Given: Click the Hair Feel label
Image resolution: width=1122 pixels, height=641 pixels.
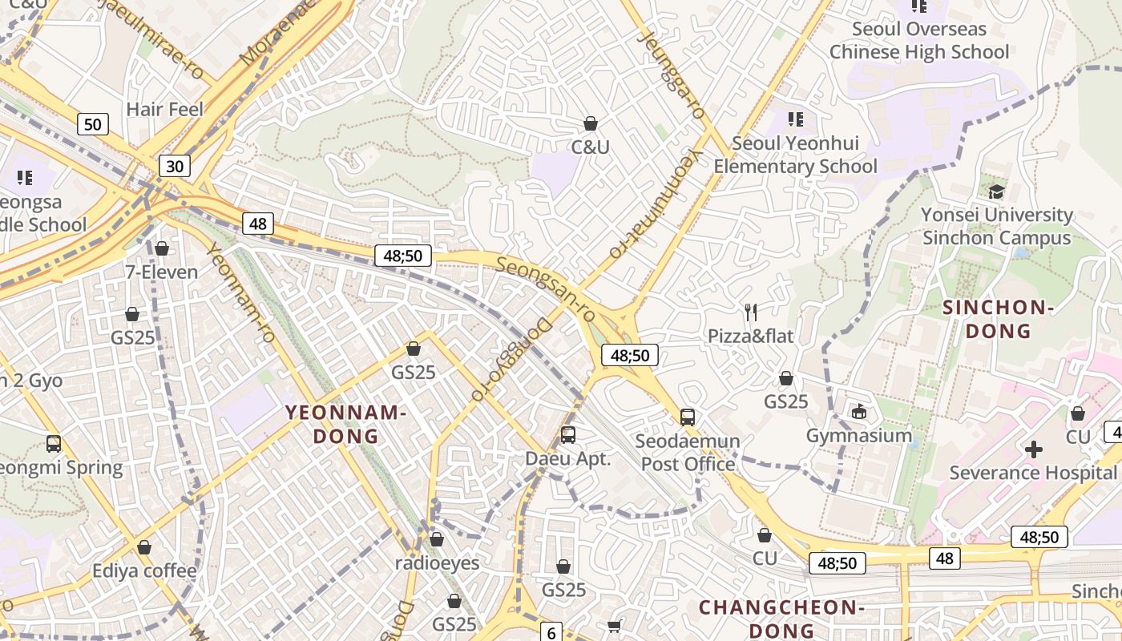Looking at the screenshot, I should click(165, 109).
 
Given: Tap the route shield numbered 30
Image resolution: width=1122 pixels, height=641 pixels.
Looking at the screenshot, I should click(175, 166).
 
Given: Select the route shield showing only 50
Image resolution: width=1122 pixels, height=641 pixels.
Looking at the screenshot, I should click(93, 124).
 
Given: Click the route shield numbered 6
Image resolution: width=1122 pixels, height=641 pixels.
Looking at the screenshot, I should click(551, 632).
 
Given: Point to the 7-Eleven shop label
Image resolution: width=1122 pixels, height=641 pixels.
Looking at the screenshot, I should click(161, 272).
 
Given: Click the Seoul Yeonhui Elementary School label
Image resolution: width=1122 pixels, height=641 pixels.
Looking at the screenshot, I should click(795, 155).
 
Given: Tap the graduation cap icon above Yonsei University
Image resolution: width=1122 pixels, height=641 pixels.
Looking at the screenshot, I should click(996, 191).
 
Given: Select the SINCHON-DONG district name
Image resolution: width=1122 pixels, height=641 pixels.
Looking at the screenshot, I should click(998, 319).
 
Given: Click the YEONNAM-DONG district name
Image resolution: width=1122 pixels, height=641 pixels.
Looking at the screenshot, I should click(346, 424).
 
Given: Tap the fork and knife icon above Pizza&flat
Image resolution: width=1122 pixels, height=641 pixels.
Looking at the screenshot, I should click(751, 312).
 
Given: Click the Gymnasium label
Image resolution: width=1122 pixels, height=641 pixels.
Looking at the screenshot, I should click(859, 436).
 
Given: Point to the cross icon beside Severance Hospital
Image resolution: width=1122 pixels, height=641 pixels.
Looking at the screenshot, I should click(1034, 450).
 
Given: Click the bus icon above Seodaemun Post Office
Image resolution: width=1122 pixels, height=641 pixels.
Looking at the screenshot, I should click(688, 417).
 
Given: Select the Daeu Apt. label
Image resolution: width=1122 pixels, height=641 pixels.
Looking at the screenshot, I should click(568, 459).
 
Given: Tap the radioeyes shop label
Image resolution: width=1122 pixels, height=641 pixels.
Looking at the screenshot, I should click(437, 562).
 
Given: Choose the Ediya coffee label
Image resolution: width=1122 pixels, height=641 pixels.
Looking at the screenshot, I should click(144, 570).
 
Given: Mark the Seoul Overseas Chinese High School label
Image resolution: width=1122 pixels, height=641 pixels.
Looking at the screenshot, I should click(918, 41).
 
